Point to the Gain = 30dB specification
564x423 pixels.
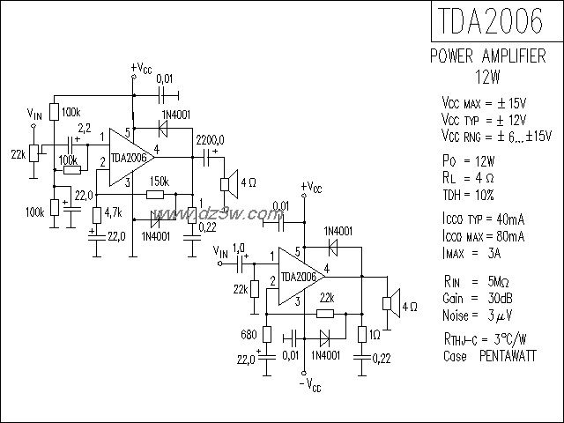(480, 297)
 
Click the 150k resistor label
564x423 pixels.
(159, 181)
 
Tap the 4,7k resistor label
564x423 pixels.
(113, 213)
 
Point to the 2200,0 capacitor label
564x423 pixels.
(209, 139)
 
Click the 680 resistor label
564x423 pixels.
(248, 335)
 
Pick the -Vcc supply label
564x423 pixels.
(309, 385)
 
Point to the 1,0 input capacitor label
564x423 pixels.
(238, 247)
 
